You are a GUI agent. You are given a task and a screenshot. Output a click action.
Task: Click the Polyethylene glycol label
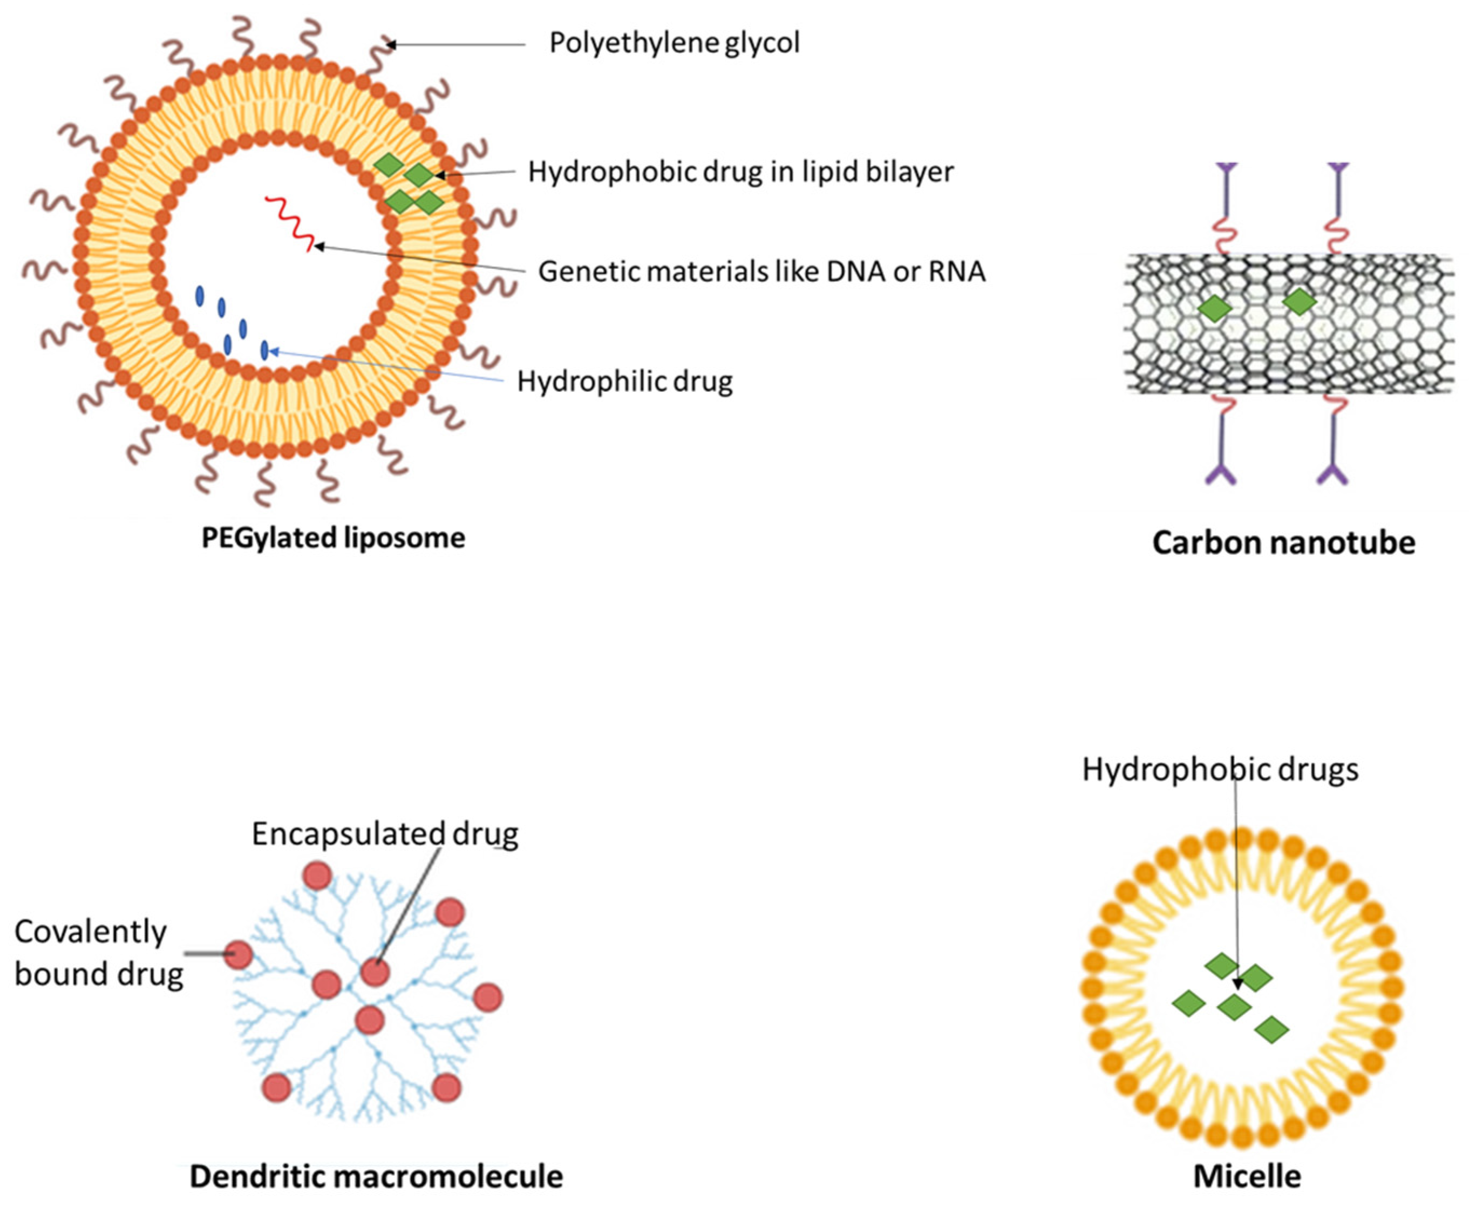point(675,43)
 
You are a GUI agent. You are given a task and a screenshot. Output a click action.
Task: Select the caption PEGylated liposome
point(333,538)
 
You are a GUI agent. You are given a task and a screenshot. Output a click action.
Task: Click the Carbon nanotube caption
point(1283,543)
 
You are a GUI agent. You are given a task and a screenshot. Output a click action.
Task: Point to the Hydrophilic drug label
point(624,382)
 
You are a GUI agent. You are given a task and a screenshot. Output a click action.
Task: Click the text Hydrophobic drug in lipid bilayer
point(740,172)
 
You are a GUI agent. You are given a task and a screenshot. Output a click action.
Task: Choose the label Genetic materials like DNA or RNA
point(762,271)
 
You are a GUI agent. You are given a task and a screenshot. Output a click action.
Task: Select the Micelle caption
point(1247,1176)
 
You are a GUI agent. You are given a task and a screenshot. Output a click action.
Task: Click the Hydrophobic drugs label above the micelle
point(1220,770)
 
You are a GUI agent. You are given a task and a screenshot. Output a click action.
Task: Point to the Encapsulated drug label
point(384,833)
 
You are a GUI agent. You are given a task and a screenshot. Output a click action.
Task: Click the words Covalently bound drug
point(97,953)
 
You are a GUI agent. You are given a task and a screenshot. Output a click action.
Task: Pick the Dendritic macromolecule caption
point(376,1176)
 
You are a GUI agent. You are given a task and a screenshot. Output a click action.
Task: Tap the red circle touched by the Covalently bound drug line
point(239,954)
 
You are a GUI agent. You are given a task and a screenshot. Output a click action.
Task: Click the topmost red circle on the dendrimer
point(318,876)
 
